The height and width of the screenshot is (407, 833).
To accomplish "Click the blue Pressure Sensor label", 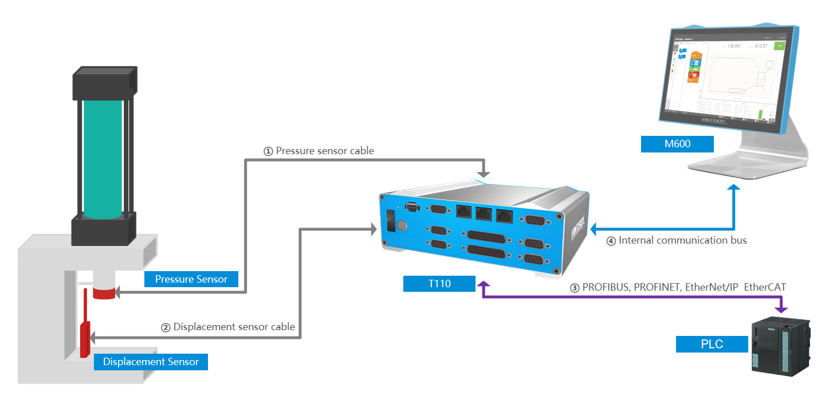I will [191, 279].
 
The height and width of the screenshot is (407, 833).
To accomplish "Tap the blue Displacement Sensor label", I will [151, 362].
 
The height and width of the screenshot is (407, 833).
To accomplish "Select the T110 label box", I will [439, 284].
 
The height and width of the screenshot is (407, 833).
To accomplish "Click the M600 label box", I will [677, 144].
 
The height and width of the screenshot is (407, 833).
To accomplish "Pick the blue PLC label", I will [712, 344].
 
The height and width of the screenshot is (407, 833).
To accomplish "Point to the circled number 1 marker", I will [268, 151].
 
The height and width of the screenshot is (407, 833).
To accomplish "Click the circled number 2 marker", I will [166, 327].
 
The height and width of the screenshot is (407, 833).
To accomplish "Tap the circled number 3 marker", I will [575, 288].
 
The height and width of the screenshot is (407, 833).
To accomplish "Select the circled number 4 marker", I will [611, 241].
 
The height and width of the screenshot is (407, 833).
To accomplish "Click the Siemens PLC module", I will [780, 346].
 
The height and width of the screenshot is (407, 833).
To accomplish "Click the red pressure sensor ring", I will [104, 293].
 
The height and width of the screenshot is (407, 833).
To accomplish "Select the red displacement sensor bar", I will [85, 335].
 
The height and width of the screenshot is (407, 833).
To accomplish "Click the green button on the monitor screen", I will [779, 46].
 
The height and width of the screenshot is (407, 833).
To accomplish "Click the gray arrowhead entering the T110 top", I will [485, 171].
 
